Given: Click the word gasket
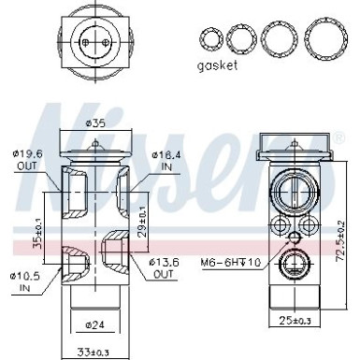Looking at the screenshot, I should [217, 66].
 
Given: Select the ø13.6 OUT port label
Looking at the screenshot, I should [165, 267].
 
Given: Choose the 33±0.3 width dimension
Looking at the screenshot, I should [93, 353].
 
